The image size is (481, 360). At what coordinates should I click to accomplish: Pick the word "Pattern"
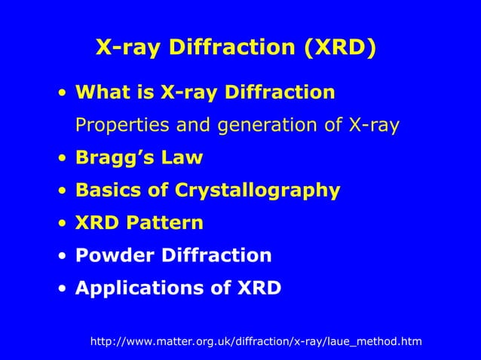[x=168, y=224]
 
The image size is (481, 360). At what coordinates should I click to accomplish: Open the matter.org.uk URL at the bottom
[x=256, y=342]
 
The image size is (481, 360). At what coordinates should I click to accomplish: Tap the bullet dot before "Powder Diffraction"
[x=63, y=256]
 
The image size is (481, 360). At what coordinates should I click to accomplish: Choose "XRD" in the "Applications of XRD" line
[x=256, y=288]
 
